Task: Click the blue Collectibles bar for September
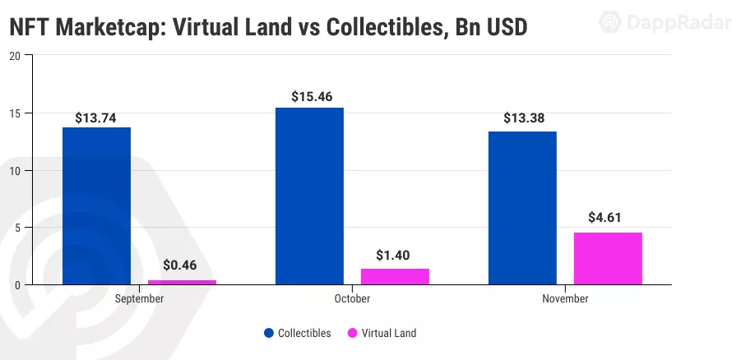[x=96, y=205]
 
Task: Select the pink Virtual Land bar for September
[x=182, y=282]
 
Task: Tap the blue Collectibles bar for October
[x=309, y=196]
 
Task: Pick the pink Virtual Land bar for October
[x=395, y=276]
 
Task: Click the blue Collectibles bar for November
[x=522, y=208]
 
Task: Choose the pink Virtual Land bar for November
[x=608, y=258]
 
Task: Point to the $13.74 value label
[x=96, y=118]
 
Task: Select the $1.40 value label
[x=394, y=254]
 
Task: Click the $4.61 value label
[x=607, y=218]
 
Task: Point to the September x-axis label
[x=139, y=299]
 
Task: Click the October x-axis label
[x=352, y=299]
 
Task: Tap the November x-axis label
[x=565, y=299]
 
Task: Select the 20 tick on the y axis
[x=15, y=56]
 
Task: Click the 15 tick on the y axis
[x=15, y=113]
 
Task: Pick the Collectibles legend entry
[x=297, y=333]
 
